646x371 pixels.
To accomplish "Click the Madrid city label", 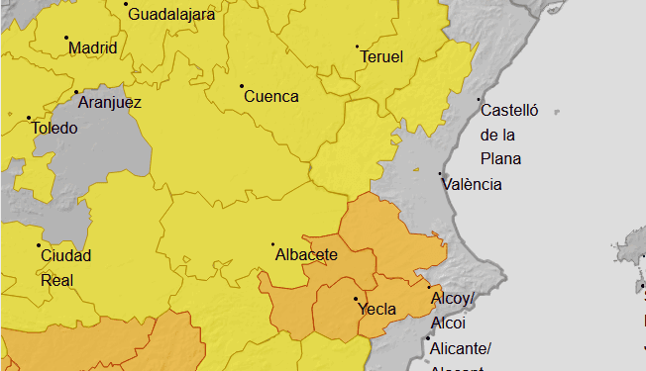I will (x=92, y=48).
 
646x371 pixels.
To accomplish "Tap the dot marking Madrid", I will (x=66, y=39).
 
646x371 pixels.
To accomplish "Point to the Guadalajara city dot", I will (x=126, y=4).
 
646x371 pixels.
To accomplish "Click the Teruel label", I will (x=381, y=57).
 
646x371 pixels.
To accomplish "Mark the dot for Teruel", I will (x=357, y=46).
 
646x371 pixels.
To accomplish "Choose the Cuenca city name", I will (x=270, y=97).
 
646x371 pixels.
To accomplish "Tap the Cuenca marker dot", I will (x=241, y=86).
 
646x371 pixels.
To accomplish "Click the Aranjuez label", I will (x=109, y=103).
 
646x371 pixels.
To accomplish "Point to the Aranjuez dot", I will (x=76, y=93).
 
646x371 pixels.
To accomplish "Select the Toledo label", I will (x=54, y=129).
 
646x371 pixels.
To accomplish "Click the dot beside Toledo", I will (x=28, y=118).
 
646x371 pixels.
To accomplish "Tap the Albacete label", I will (x=306, y=255).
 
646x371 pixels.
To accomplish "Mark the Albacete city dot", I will (x=273, y=244).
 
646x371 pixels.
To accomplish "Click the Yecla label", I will (x=377, y=310).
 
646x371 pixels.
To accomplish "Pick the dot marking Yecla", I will (x=356, y=299).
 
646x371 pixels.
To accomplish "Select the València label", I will (x=473, y=184).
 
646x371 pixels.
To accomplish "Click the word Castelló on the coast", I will (x=508, y=111).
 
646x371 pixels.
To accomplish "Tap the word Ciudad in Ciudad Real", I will (x=65, y=256).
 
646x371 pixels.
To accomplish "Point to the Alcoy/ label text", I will (x=453, y=299).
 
